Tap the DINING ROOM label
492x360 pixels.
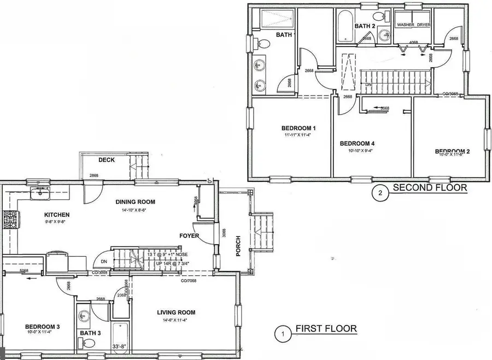pyautogui.click(x=131, y=202)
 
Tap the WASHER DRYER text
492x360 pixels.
pyautogui.click(x=413, y=25)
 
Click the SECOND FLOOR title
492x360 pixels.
pyautogui.click(x=430, y=188)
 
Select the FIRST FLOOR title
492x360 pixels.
pyautogui.click(x=326, y=329)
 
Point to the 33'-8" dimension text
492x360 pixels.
pyautogui.click(x=120, y=346)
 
